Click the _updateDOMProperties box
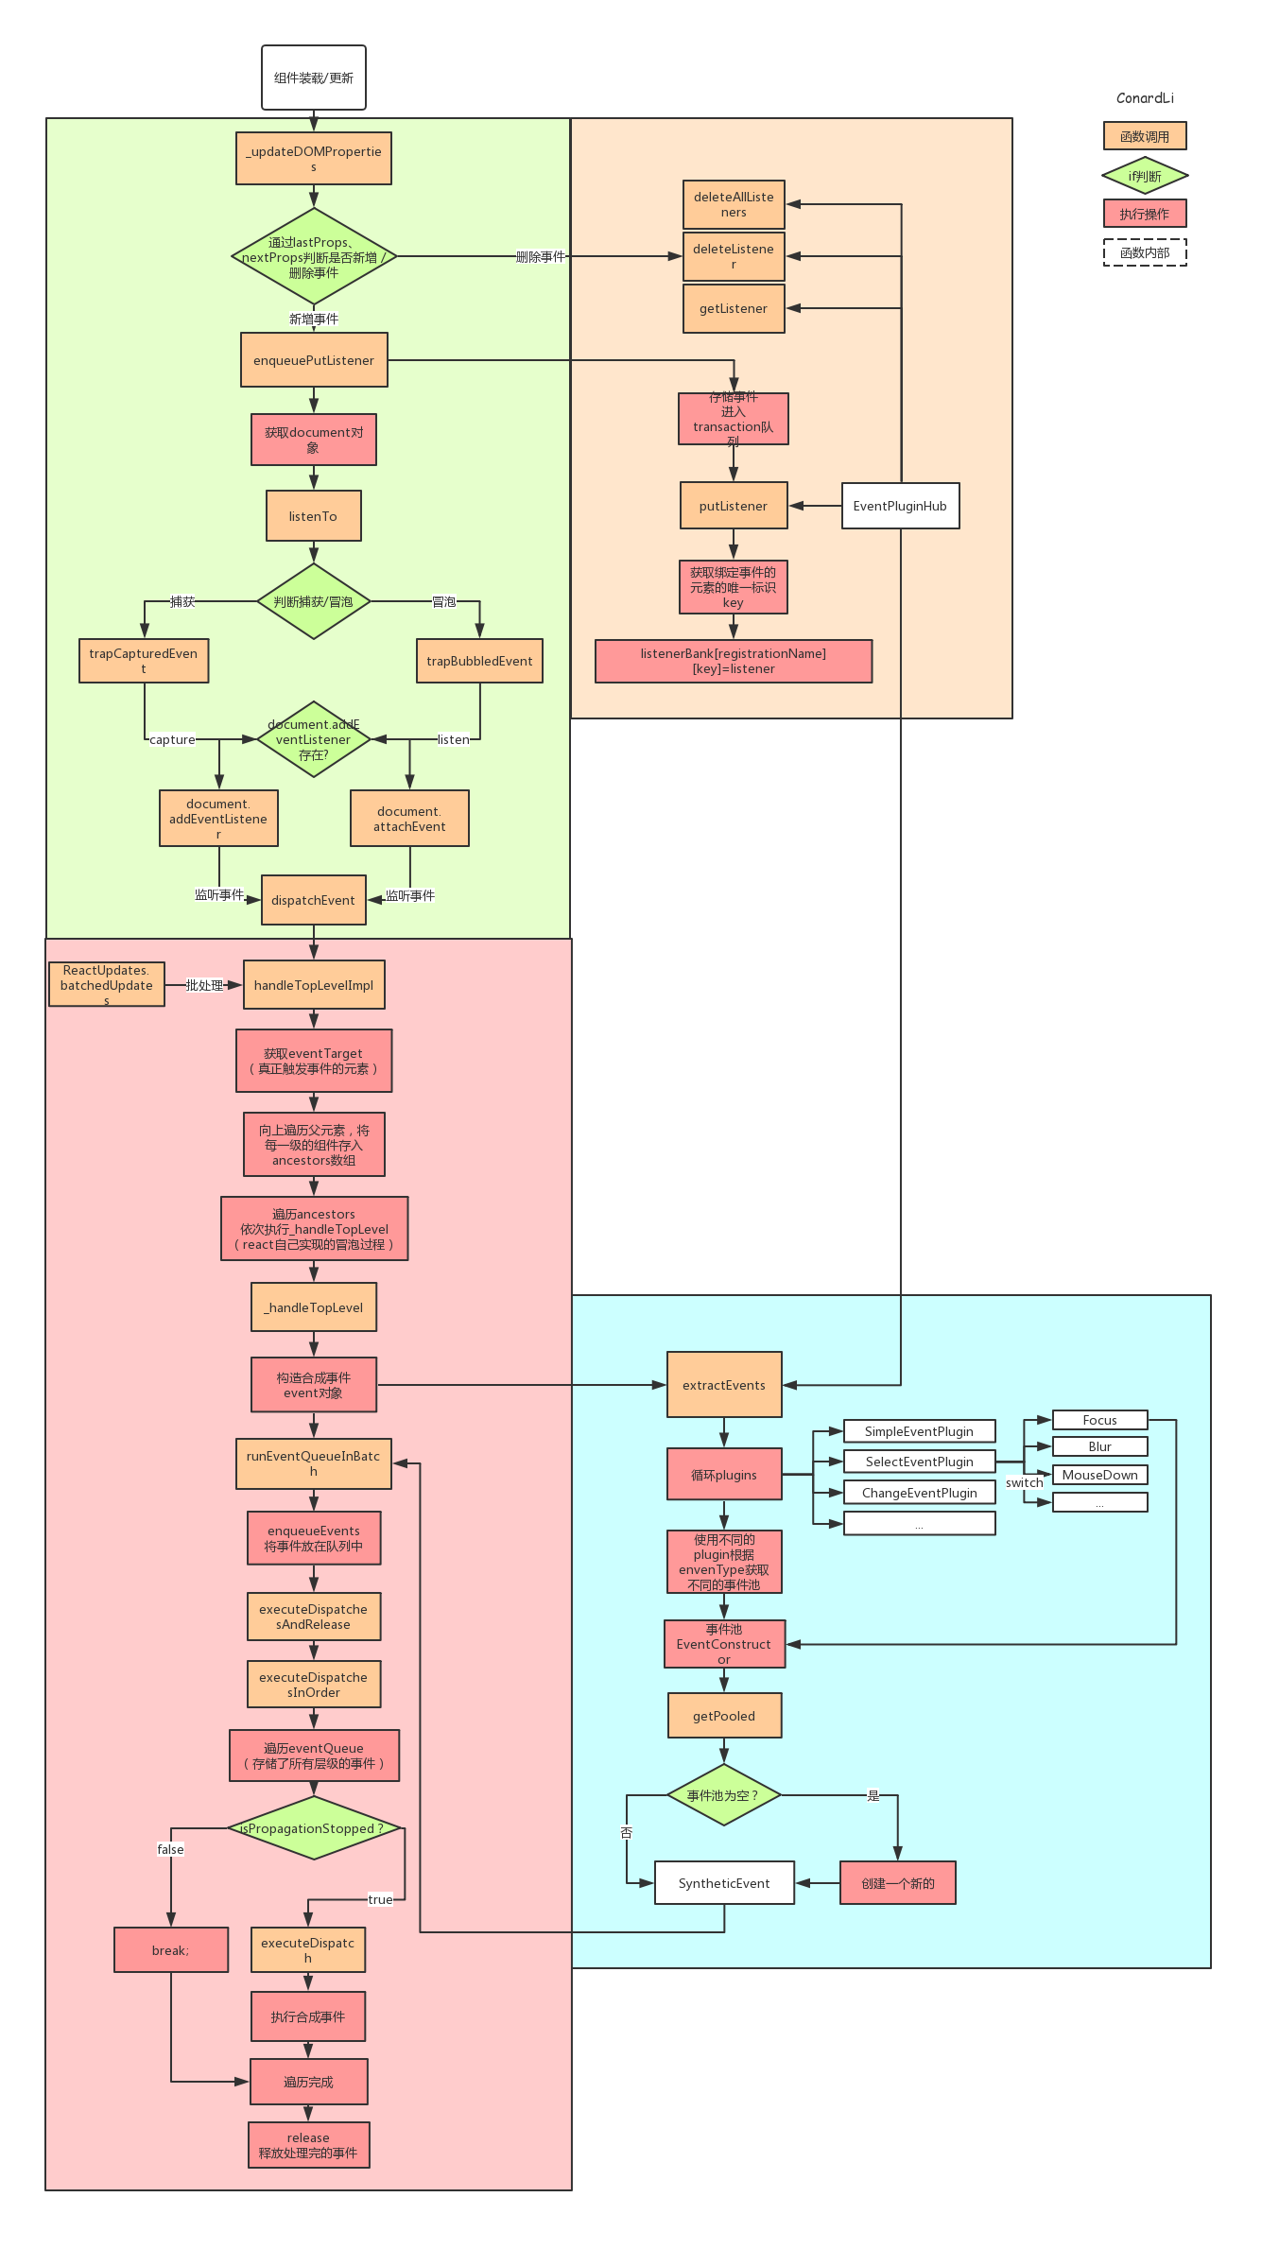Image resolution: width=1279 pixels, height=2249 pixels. click(314, 159)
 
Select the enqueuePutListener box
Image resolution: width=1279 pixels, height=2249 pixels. click(314, 360)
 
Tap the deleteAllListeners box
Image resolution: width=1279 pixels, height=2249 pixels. click(734, 204)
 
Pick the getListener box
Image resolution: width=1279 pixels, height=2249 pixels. click(734, 309)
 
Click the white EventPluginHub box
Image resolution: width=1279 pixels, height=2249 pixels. click(900, 506)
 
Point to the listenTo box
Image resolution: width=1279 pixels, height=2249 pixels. click(314, 516)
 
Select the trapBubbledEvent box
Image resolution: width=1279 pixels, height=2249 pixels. click(479, 661)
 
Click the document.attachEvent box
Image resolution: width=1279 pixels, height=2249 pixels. click(409, 819)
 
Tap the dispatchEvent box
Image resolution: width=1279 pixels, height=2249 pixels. click(314, 900)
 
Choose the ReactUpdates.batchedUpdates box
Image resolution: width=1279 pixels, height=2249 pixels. click(107, 985)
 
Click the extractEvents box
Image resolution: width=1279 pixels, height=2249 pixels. click(724, 1385)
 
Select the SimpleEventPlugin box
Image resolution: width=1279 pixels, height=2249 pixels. click(919, 1431)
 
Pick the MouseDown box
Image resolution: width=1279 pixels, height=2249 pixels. click(1099, 1475)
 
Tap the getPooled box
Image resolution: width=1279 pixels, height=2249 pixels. click(724, 1716)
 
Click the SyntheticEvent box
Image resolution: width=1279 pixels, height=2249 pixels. click(724, 1883)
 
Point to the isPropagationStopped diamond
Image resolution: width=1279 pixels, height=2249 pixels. click(314, 1828)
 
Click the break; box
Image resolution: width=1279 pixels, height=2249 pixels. click(171, 1950)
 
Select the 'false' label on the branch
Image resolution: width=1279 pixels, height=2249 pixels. click(171, 1849)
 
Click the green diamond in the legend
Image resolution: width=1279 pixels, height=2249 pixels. click(1145, 176)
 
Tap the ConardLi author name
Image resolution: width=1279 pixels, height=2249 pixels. click(1145, 98)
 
